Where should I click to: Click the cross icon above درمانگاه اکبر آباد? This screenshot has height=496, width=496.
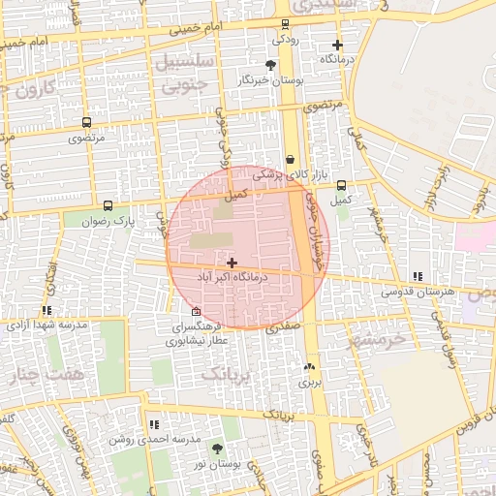click(232, 263)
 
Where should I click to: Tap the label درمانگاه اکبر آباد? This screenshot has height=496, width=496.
click(232, 277)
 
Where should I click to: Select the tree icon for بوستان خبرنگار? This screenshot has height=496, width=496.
click(270, 66)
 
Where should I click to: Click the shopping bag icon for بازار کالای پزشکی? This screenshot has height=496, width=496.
click(290, 160)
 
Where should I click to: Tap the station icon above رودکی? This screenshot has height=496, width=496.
click(284, 25)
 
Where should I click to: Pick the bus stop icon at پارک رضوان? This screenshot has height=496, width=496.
click(108, 205)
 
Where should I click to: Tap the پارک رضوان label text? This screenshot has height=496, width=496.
click(107, 221)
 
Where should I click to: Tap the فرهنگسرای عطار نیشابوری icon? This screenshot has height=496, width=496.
click(197, 311)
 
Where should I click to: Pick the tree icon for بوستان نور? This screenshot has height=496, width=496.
click(217, 448)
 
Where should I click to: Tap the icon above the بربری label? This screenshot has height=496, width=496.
click(309, 366)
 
